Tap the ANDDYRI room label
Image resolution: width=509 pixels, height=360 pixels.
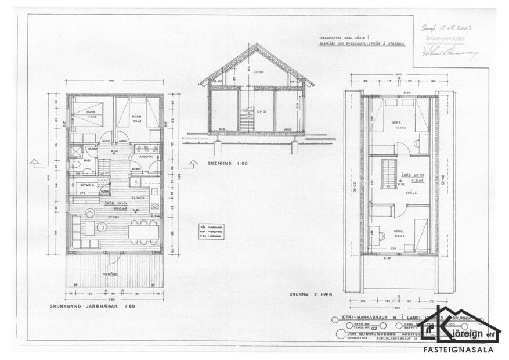[x=140, y=156]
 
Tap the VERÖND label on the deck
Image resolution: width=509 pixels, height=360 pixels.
[x=112, y=273]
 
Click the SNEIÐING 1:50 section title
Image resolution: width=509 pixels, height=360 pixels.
[x=228, y=164]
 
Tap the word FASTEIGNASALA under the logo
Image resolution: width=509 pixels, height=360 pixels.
[x=460, y=350]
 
